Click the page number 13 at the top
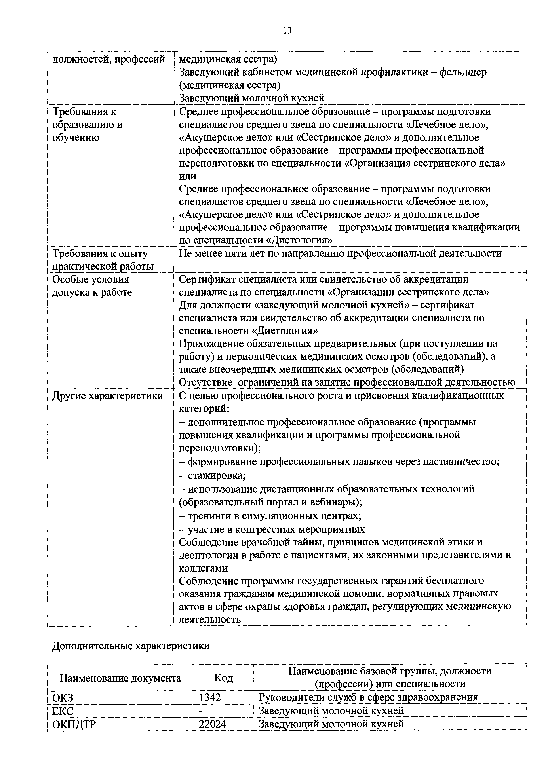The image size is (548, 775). (287, 31)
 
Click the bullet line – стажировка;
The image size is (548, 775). (212, 476)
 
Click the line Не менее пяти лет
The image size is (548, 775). (340, 253)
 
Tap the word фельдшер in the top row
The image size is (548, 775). (463, 72)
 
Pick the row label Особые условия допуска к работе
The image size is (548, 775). (92, 286)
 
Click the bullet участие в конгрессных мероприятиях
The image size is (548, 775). (272, 529)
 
